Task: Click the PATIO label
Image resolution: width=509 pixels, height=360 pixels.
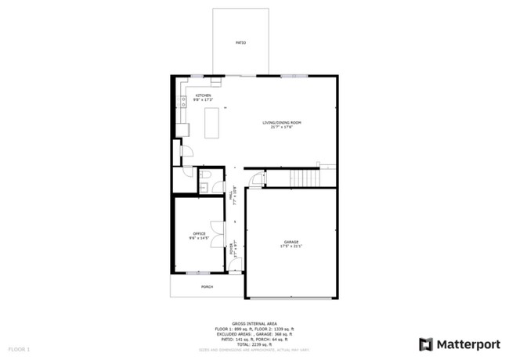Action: (x=241, y=42)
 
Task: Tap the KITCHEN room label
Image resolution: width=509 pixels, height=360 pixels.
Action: (x=203, y=95)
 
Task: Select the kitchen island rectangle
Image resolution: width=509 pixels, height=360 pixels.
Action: (x=211, y=123)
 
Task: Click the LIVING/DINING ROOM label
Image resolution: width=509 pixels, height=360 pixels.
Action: (x=282, y=123)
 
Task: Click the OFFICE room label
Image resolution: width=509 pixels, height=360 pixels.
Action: (x=199, y=233)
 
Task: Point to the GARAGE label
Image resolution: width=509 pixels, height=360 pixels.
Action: (x=291, y=243)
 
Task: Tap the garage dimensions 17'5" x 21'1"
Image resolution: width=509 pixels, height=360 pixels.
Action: (x=291, y=247)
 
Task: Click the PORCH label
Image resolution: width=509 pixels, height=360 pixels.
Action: (x=207, y=286)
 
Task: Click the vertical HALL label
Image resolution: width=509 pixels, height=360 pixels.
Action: (x=231, y=198)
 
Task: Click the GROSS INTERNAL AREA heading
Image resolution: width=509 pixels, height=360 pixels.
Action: (x=256, y=322)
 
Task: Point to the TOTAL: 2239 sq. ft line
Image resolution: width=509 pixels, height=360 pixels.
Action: (x=256, y=344)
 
